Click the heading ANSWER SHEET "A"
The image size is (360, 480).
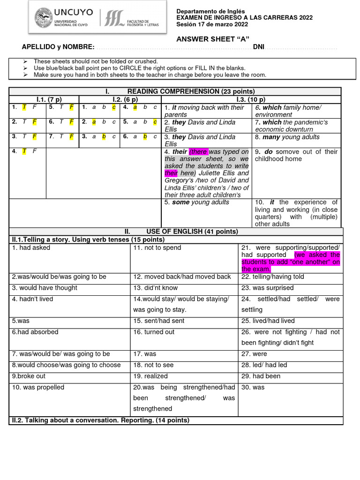[x=212, y=38]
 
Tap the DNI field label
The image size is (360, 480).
[x=258, y=47]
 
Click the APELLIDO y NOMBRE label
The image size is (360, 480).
[x=58, y=47]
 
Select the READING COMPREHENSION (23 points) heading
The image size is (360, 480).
[x=191, y=91]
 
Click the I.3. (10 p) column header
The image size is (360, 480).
[x=251, y=99]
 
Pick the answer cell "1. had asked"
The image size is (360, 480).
[x=31, y=248]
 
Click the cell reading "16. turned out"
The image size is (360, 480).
[x=154, y=332]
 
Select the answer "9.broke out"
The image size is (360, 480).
[x=29, y=376]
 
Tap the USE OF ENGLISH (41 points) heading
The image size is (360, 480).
[x=192, y=232]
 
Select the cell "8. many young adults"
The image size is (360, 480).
[x=287, y=137]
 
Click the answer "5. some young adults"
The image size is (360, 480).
[x=197, y=202]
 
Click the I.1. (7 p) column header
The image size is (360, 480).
[x=49, y=99]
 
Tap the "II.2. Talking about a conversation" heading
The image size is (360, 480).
[x=100, y=420]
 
